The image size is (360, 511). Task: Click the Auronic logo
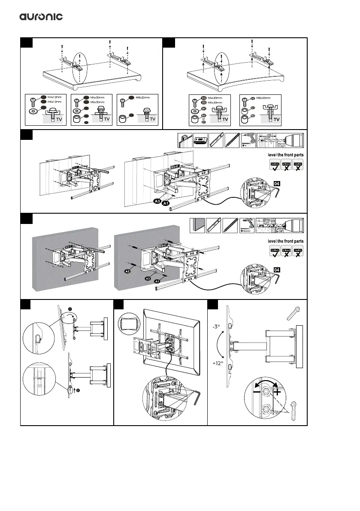pyautogui.click(x=41, y=17)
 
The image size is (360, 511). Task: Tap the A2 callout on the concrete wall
pyautogui.click(x=127, y=272)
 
